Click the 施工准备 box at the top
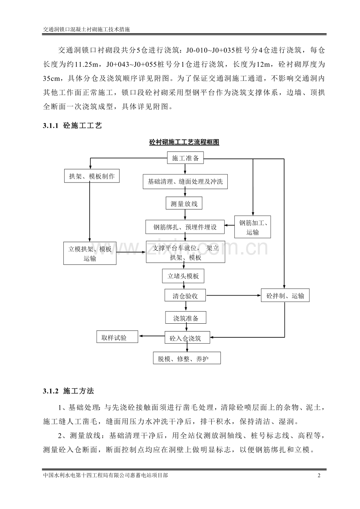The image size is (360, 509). pyautogui.click(x=185, y=158)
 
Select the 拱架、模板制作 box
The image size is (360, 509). pyautogui.click(x=92, y=176)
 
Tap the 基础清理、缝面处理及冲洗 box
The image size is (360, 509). pyautogui.click(x=185, y=181)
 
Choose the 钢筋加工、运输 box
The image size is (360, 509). pyautogui.click(x=253, y=227)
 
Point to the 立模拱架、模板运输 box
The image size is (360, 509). pyautogui.click(x=90, y=253)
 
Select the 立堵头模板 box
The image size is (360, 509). pyautogui.click(x=184, y=276)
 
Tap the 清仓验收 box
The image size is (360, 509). pyautogui.click(x=185, y=296)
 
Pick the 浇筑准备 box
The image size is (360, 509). pyautogui.click(x=185, y=318)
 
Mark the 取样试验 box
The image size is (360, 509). pyautogui.click(x=117, y=337)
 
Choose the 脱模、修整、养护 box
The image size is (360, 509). pyautogui.click(x=187, y=358)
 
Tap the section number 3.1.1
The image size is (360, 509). pyautogui.click(x=50, y=126)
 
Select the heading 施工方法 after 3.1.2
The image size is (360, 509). pyautogui.click(x=78, y=391)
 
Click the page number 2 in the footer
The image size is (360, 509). pyautogui.click(x=319, y=476)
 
